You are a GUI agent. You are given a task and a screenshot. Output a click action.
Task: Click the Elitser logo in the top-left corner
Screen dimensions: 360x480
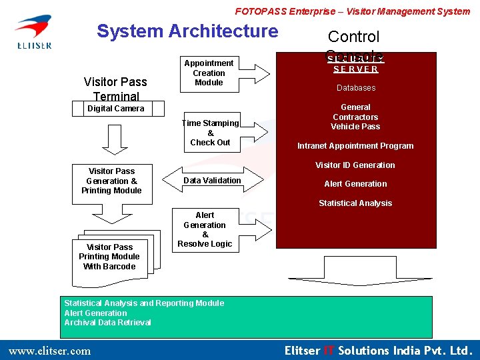[33, 32]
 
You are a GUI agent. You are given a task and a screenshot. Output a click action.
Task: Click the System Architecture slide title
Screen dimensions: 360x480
[187, 31]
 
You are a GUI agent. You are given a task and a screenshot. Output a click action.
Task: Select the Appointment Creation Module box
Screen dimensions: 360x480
[209, 73]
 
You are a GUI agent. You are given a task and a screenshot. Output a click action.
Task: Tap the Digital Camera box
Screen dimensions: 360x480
[115, 109]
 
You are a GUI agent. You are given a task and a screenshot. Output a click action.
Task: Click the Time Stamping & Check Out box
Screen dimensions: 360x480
[210, 133]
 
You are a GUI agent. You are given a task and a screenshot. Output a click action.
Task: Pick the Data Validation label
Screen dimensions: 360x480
[212, 181]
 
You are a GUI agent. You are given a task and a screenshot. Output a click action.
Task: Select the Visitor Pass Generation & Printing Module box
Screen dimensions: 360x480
[111, 181]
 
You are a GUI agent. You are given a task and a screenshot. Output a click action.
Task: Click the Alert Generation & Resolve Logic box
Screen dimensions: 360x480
[205, 230]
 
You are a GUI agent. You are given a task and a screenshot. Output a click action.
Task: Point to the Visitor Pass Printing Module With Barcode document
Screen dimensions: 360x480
[110, 257]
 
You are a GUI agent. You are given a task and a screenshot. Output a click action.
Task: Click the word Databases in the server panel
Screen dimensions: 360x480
[355, 88]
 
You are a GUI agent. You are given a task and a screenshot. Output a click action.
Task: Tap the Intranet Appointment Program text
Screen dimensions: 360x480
[355, 146]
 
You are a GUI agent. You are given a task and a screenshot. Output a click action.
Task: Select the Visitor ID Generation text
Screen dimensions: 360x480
[355, 165]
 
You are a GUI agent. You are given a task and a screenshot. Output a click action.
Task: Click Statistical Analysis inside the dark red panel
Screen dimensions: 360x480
[355, 203]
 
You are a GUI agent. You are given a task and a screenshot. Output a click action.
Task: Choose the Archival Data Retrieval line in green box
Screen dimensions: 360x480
[107, 323]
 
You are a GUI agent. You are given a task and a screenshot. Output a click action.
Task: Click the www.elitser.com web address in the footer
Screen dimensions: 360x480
[49, 351]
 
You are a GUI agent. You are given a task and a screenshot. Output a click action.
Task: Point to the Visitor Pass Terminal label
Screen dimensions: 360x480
[115, 89]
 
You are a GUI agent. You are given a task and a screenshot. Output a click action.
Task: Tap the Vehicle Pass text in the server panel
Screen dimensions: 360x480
[355, 127]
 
